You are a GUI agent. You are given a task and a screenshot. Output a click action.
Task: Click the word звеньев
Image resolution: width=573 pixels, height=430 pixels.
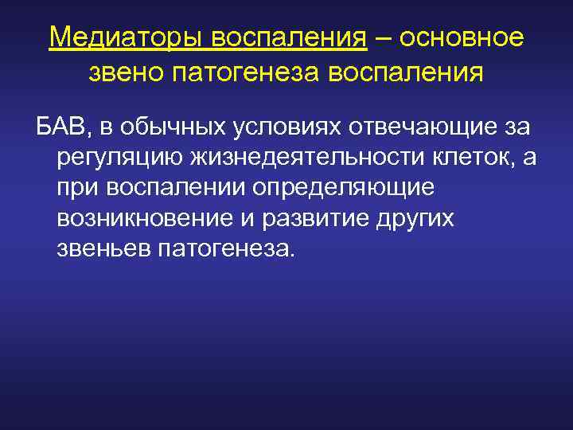point(105,248)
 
